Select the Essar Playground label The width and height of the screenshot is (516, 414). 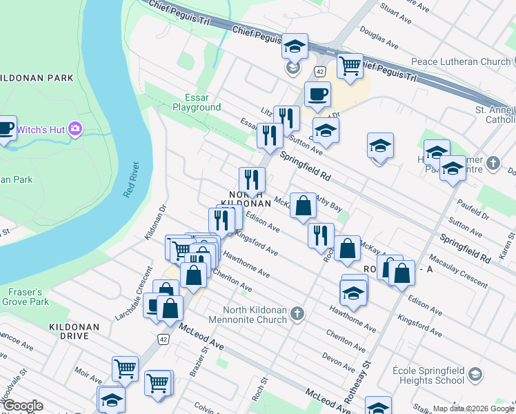click(197, 102)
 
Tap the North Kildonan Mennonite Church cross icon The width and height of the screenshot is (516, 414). click(297, 314)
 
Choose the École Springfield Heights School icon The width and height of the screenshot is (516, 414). click(475, 375)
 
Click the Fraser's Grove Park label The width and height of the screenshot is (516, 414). click(26, 297)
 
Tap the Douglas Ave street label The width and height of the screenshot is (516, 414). click(379, 39)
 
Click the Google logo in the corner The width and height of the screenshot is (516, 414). click(22, 406)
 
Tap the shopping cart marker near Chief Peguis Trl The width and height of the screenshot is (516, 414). click(350, 66)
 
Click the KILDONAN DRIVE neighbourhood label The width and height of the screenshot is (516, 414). click(74, 331)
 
